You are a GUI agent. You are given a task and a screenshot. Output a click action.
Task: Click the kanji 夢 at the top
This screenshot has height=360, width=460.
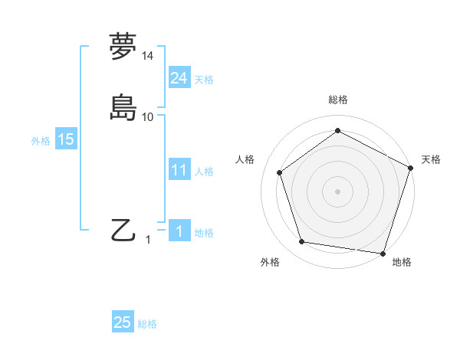pos(123,47)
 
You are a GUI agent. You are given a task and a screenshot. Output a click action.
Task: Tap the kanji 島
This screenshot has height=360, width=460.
pos(123,106)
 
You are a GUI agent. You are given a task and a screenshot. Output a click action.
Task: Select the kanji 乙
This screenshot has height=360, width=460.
pos(123,230)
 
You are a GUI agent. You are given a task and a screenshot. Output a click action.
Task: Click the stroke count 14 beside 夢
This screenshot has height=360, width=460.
pos(148,57)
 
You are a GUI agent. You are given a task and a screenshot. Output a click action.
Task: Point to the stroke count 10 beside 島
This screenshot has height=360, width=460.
pos(148,116)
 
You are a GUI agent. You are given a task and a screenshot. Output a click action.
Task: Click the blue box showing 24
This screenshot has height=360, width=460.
pos(179,78)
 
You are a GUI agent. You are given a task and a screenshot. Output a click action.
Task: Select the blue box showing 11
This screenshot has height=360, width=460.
pos(179,170)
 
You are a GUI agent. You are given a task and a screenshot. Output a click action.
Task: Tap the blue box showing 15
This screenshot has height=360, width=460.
pos(66,139)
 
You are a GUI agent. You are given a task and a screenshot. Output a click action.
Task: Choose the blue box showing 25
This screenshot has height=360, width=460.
pos(123,322)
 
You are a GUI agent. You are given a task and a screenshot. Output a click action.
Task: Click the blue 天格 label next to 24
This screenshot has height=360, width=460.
pos(204,80)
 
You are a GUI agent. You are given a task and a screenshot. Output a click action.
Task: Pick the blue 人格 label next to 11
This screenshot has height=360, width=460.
pos(204,172)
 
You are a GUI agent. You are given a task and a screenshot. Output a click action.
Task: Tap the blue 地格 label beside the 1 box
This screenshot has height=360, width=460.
pos(204,233)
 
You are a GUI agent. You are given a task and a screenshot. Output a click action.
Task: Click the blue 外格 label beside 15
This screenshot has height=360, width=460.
pos(41,141)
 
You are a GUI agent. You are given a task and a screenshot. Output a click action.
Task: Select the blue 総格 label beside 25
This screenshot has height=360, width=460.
pos(147,324)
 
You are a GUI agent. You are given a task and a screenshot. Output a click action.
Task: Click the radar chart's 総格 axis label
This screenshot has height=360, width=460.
pos(337,100)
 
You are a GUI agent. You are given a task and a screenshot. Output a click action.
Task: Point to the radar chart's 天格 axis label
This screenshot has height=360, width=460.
pos(432,159)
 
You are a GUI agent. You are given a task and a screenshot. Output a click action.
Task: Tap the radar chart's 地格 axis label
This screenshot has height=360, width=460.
pos(402,262)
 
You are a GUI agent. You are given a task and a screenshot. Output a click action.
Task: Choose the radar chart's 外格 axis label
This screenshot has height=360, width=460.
pos(270,262)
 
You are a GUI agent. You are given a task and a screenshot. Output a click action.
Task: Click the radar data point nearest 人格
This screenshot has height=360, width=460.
pos(280,172)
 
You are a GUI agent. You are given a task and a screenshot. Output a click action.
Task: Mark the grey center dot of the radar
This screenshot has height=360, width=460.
pos(337,191)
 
